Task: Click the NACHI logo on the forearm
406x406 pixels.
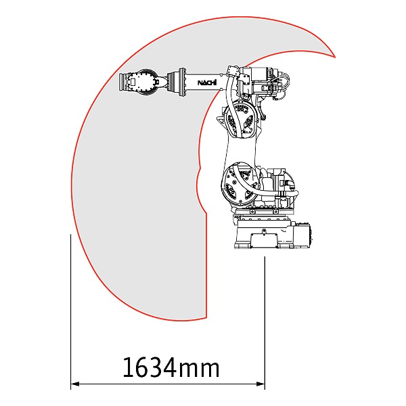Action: pos(207,83)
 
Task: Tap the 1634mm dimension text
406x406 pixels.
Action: pos(171,367)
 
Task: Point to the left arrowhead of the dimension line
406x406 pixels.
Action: pos(75,384)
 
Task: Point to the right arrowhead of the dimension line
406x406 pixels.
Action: pos(261,384)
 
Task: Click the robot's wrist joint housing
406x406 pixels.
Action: pos(145,82)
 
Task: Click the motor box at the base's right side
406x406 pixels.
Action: pos(303,235)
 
